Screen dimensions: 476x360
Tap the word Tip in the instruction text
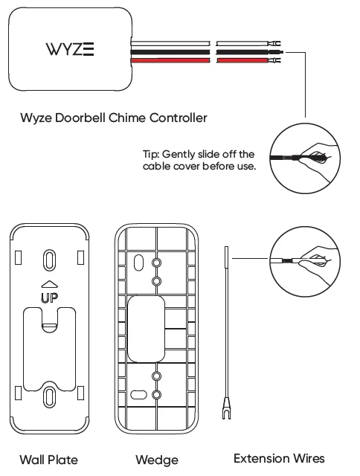click(x=151, y=154)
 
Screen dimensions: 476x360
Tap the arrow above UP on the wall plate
click(x=48, y=284)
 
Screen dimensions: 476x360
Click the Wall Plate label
click(x=48, y=460)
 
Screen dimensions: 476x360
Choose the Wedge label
click(x=157, y=460)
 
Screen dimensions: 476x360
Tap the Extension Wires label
click(x=279, y=458)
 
